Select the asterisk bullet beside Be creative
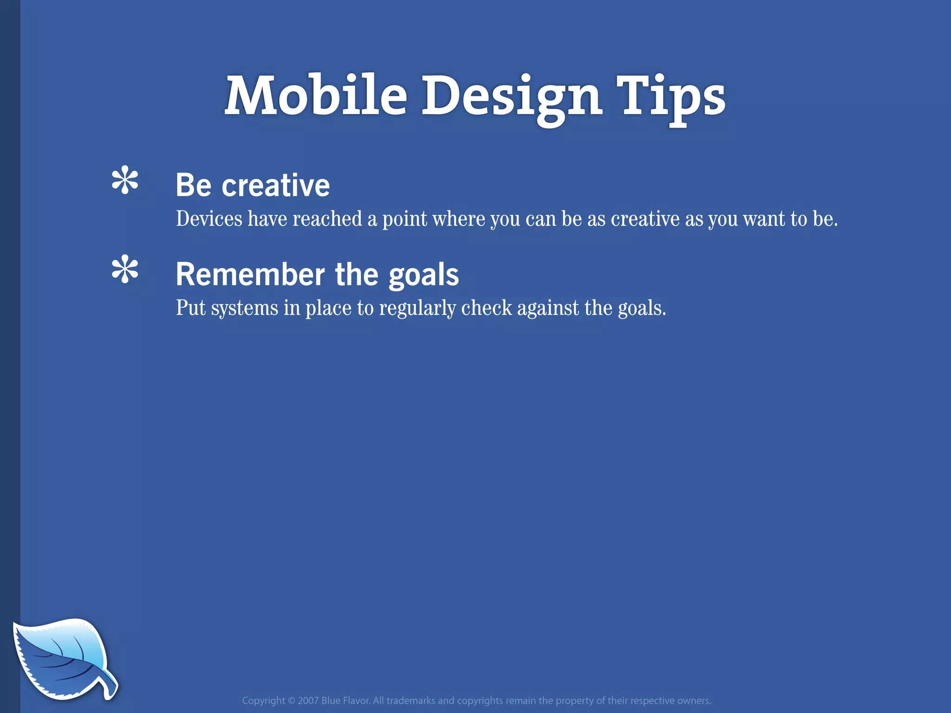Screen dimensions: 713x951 click(125, 181)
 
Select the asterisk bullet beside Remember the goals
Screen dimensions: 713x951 click(125, 270)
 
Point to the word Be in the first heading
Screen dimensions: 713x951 click(194, 185)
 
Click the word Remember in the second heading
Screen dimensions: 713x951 click(250, 274)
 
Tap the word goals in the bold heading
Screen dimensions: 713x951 click(423, 274)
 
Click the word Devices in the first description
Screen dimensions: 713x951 click(209, 219)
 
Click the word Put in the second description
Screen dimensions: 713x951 click(190, 308)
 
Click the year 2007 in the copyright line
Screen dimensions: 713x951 click(308, 700)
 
